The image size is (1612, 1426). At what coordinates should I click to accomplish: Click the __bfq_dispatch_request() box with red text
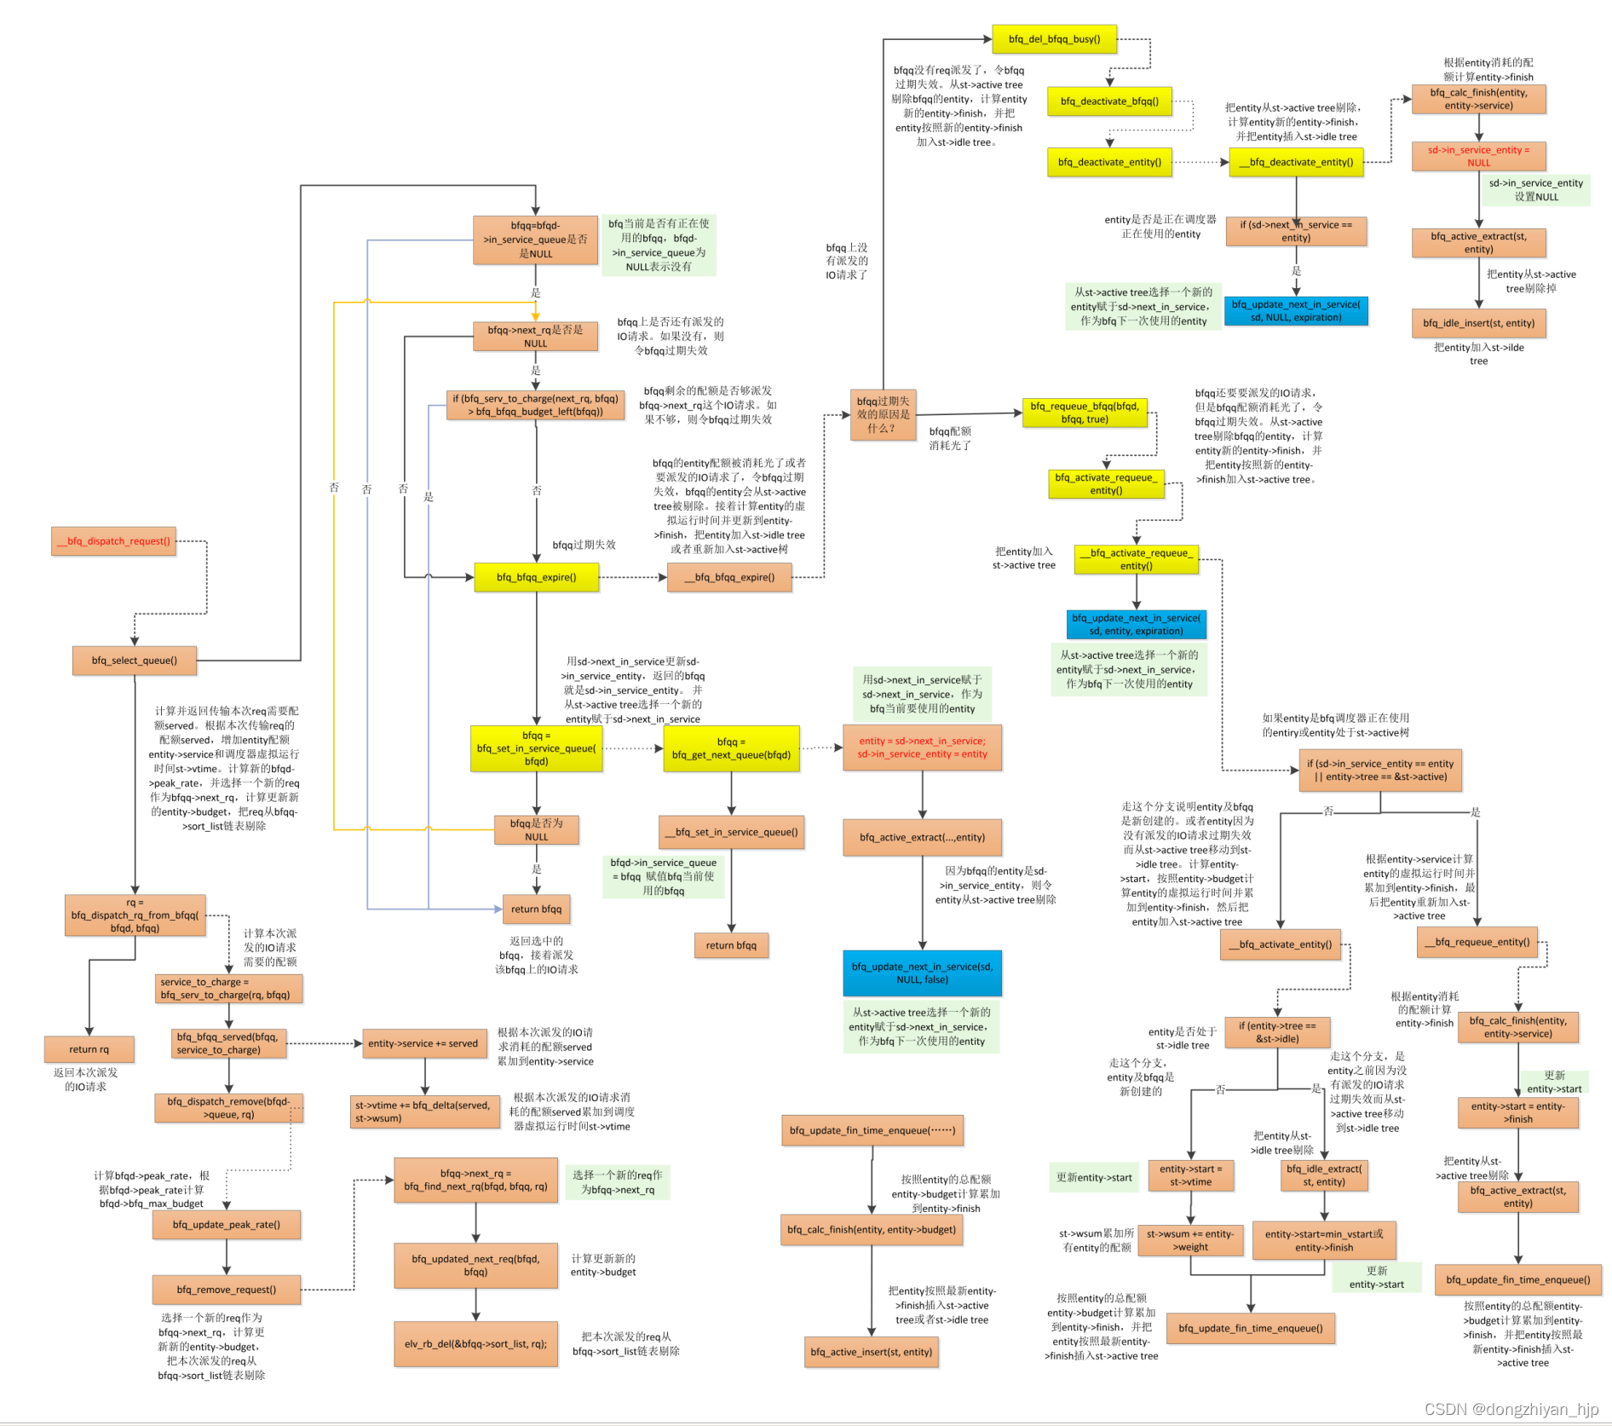pos(114,541)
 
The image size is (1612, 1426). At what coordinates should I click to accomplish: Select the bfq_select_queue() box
pos(135,661)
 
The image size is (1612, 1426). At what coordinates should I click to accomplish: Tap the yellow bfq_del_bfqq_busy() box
pos(1054,39)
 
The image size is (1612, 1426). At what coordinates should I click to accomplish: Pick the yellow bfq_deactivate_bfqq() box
pos(1109,101)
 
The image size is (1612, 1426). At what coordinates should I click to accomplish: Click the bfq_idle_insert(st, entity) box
pos(1478,324)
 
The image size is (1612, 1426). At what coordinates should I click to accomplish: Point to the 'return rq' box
pos(89,1049)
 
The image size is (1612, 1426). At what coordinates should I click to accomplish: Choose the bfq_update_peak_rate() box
pos(226,1225)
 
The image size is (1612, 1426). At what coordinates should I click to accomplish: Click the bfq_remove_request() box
pos(226,1290)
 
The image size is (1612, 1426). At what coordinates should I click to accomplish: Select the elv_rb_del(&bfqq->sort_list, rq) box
pos(475,1344)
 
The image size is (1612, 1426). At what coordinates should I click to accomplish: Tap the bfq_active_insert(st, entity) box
pos(871,1352)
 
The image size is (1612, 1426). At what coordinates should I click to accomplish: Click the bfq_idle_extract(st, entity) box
pos(1324,1175)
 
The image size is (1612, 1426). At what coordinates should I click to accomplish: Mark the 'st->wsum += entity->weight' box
pos(1190,1240)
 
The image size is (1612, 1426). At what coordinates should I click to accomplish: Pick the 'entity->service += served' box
pos(423,1043)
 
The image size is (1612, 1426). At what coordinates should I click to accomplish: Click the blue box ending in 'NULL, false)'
pos(922,973)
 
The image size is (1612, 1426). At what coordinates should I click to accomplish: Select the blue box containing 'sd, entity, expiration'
pos(1136,625)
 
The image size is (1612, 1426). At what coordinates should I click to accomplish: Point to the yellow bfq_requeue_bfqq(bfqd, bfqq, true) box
pos(1085,413)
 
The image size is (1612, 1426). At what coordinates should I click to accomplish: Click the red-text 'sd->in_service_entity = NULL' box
pos(1478,156)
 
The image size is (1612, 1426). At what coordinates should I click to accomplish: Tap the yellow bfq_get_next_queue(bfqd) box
pos(731,748)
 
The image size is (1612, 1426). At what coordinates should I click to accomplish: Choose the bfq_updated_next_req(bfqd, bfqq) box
pos(475,1265)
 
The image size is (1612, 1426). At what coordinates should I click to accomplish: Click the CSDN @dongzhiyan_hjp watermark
pos(1511,1409)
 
